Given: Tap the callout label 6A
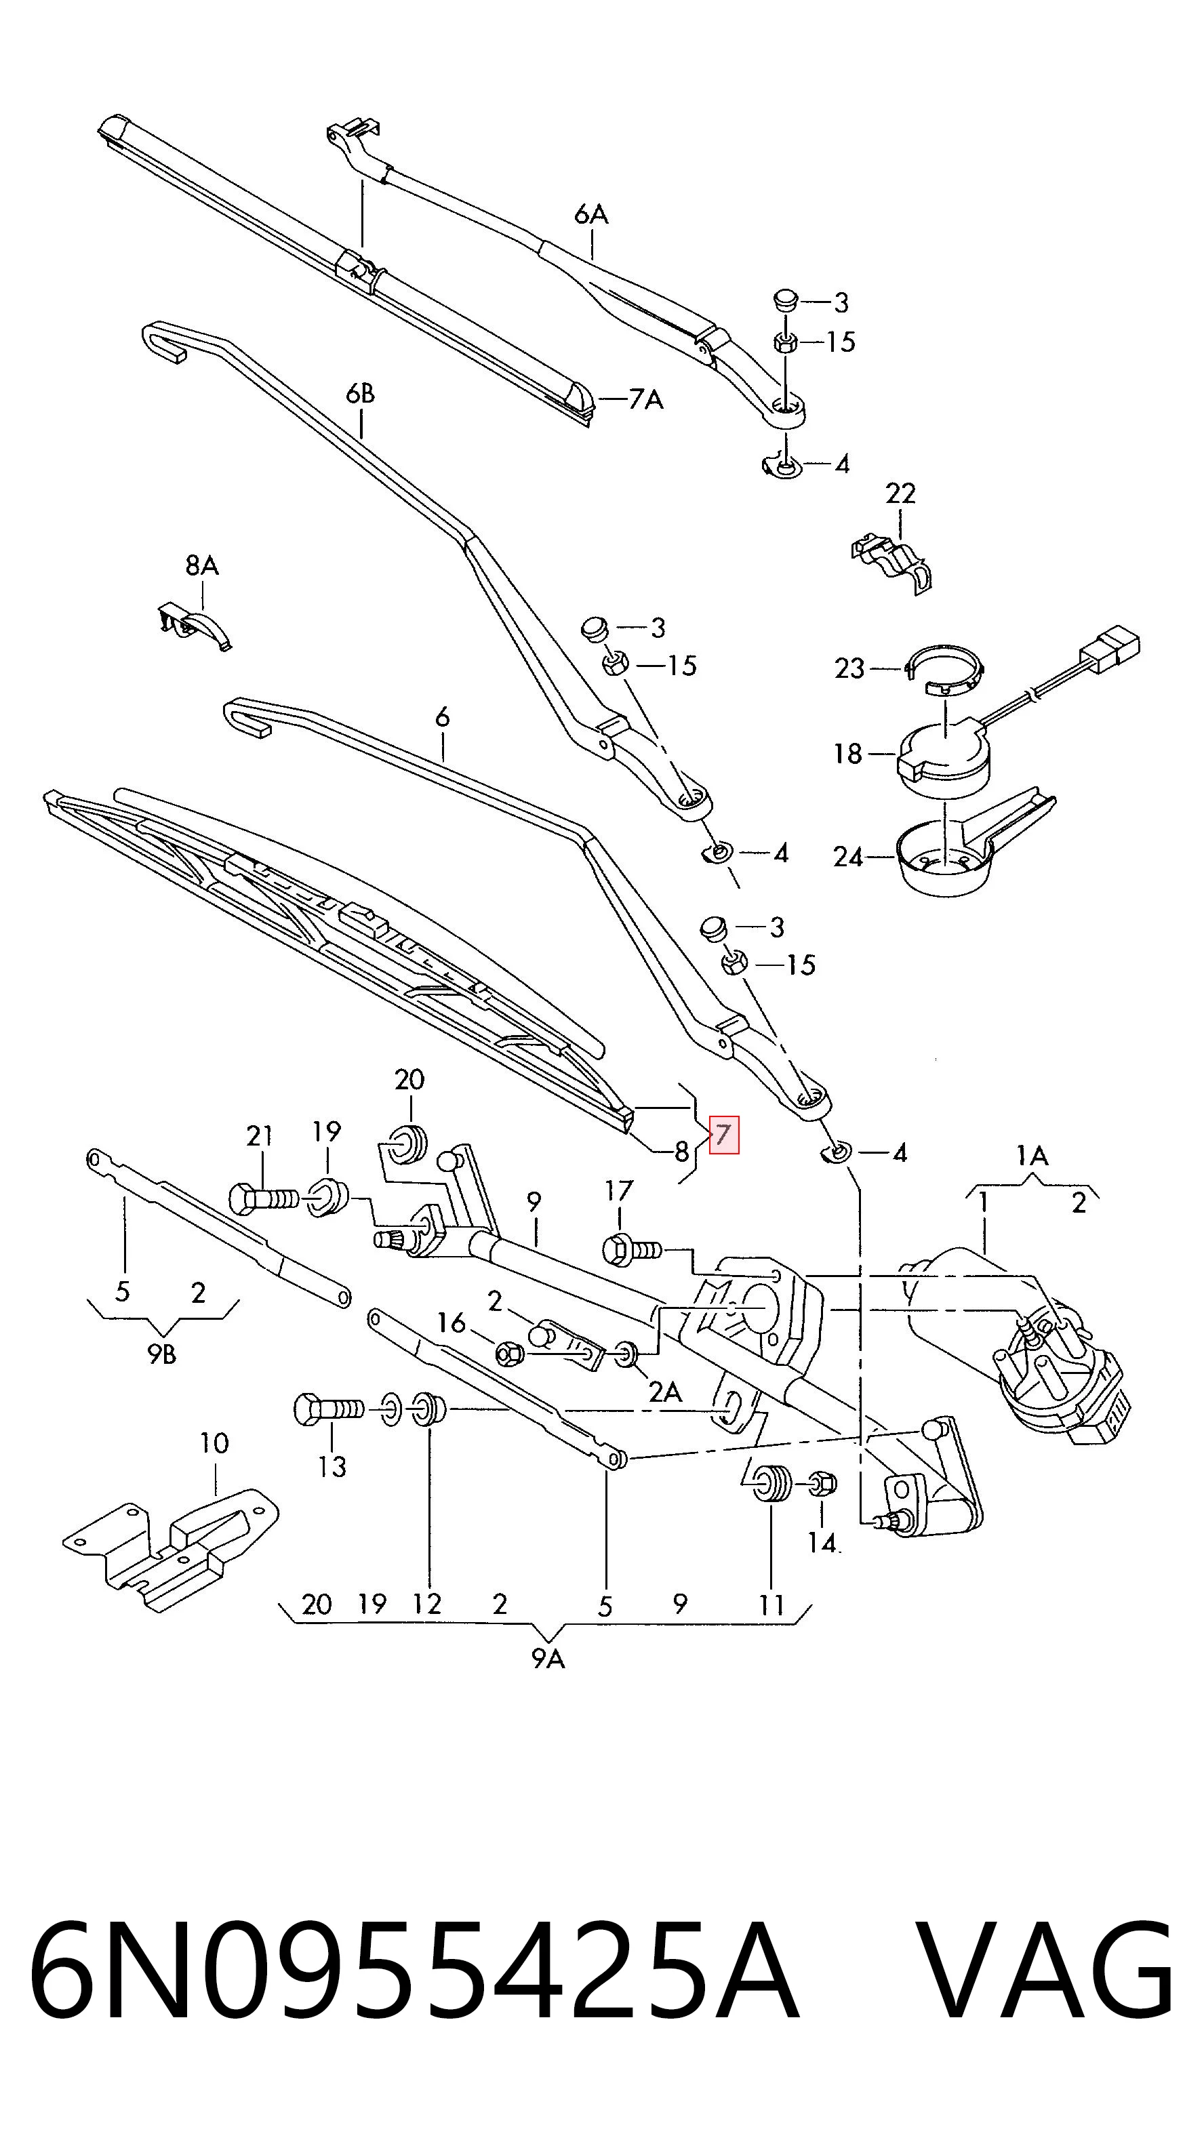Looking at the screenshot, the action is (x=591, y=214).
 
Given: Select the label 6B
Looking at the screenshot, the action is (x=361, y=393).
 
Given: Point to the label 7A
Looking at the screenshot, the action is (x=646, y=400).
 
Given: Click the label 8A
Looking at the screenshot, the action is (x=202, y=565).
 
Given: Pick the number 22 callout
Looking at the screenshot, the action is (x=900, y=494).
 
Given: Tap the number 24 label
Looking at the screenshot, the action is (x=849, y=857).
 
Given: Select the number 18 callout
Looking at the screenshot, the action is (x=848, y=754).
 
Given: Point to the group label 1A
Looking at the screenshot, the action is (x=1032, y=1155).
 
